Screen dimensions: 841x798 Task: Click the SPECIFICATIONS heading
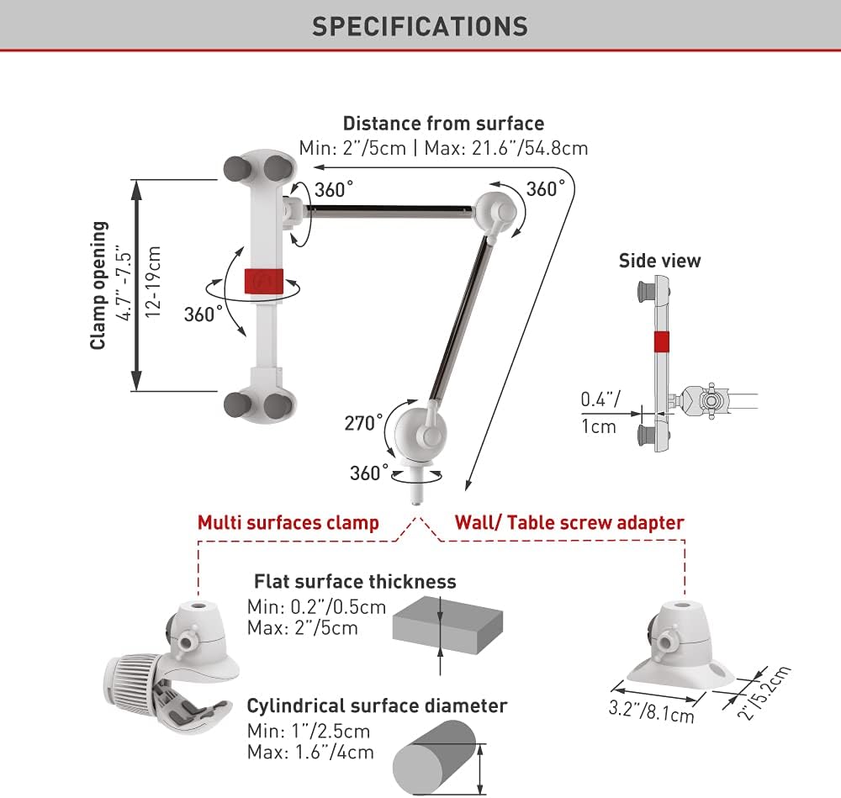(420, 26)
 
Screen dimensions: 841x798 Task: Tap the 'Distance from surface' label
(443, 124)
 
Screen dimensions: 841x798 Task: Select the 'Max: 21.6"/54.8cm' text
(505, 148)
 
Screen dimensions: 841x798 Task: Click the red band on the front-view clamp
(263, 282)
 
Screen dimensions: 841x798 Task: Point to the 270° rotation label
(363, 423)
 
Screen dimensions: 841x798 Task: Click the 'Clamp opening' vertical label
(98, 285)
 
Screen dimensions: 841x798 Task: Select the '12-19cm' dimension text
(153, 282)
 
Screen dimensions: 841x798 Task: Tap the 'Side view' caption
(659, 261)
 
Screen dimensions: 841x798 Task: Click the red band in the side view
(661, 341)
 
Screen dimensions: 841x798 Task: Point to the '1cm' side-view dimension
(599, 426)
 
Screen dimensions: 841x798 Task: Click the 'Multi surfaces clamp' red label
(288, 522)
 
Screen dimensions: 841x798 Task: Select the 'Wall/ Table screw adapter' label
(569, 522)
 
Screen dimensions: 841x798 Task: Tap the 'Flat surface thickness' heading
(355, 581)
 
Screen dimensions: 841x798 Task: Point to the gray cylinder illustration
(434, 758)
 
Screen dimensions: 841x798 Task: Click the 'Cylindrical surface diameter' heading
(377, 706)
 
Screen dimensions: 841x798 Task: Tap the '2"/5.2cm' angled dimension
(764, 693)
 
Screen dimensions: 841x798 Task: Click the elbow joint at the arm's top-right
(496, 213)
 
